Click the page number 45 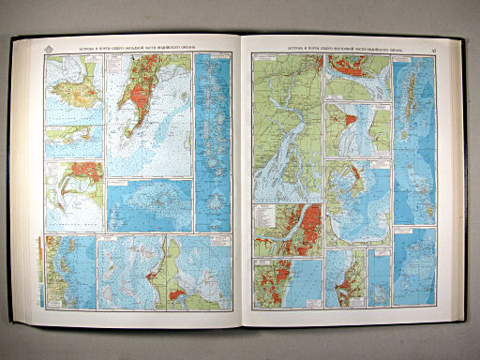(x=431, y=38)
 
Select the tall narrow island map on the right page (x=413, y=112)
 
